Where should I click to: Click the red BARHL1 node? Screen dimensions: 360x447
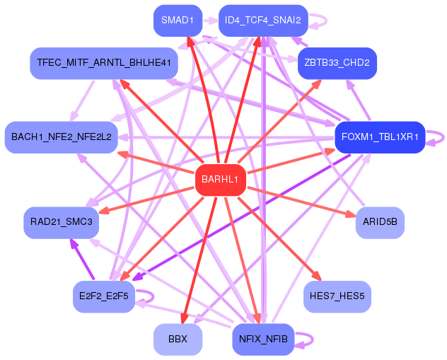point(221,180)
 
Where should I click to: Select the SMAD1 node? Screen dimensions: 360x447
point(178,20)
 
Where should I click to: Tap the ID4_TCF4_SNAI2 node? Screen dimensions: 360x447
point(263,20)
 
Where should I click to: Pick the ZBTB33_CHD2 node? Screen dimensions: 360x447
point(337,63)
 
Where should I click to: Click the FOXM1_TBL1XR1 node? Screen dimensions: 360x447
point(380,137)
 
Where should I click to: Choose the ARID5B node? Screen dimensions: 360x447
point(380,222)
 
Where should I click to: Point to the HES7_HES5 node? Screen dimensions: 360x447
point(337,296)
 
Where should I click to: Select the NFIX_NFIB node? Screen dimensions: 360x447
point(263,339)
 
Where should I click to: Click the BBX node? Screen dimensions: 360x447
point(178,339)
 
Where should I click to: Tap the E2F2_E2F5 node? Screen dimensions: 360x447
point(103,296)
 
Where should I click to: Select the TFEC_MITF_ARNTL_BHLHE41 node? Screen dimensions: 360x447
point(103,63)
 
